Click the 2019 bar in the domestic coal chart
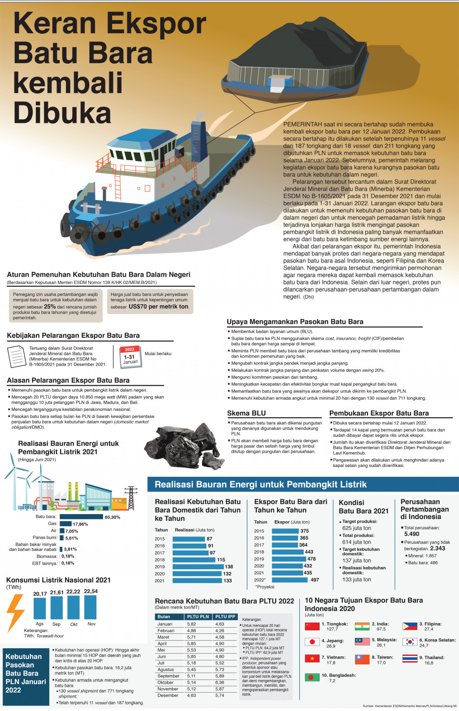click(x=198, y=567)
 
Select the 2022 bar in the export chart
click(x=290, y=580)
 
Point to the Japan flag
click(x=312, y=642)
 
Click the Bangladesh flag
click(x=312, y=677)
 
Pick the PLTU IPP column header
click(x=225, y=617)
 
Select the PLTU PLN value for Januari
click(x=191, y=624)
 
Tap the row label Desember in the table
click(x=168, y=695)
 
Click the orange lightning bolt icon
click(x=16, y=612)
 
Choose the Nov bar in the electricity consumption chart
click(x=91, y=607)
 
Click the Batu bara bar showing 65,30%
click(x=81, y=517)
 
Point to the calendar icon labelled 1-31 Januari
click(x=130, y=357)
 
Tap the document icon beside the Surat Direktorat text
click(x=17, y=357)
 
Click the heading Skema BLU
click(x=246, y=413)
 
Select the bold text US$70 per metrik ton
click(x=159, y=306)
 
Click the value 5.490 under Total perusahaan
click(x=411, y=534)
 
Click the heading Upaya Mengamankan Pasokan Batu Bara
click(x=295, y=322)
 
